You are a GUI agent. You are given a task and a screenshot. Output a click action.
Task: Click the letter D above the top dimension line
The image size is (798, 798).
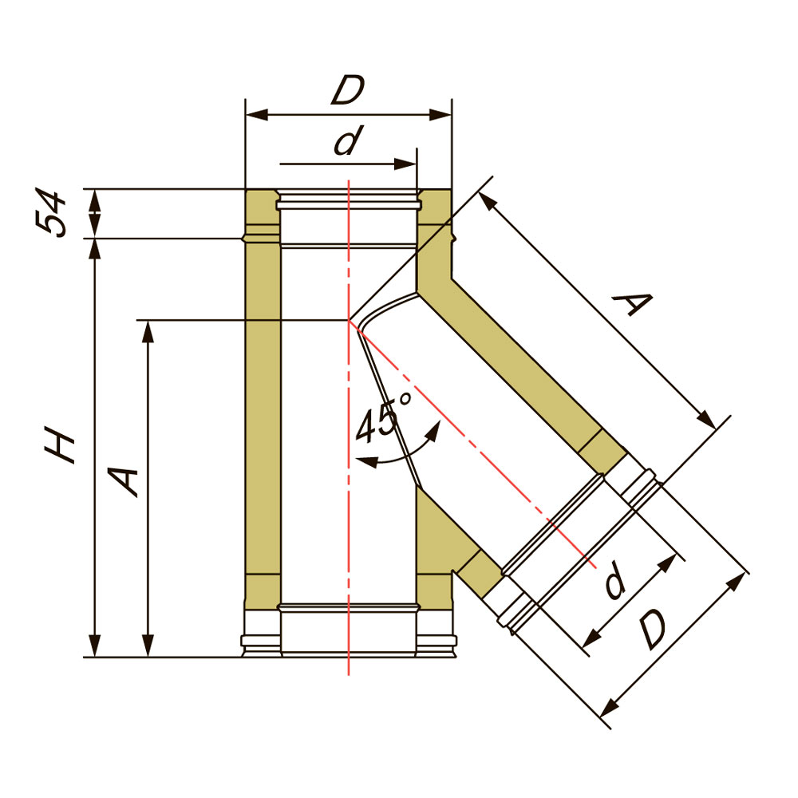click(348, 90)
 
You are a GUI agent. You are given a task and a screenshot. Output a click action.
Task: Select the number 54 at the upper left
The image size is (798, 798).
click(51, 214)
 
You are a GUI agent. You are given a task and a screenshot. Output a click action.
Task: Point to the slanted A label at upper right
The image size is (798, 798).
click(632, 304)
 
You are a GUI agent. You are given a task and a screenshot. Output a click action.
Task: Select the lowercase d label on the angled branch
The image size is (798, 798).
click(615, 581)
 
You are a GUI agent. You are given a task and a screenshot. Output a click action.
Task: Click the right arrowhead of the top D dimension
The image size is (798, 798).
click(440, 115)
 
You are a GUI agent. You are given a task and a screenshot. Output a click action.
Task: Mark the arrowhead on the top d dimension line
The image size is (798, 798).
click(406, 164)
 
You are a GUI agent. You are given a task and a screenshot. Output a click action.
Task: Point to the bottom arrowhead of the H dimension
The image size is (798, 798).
click(95, 646)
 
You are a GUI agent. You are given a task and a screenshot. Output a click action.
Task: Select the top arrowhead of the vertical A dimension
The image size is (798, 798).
click(148, 332)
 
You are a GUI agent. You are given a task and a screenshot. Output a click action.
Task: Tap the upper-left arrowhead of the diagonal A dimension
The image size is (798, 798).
click(487, 200)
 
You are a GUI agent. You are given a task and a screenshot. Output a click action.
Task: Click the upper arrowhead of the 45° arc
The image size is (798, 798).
click(433, 431)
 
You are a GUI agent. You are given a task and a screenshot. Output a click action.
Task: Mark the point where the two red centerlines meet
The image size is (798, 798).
click(349, 320)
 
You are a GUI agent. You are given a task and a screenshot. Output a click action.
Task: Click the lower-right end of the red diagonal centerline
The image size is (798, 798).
click(595, 567)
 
